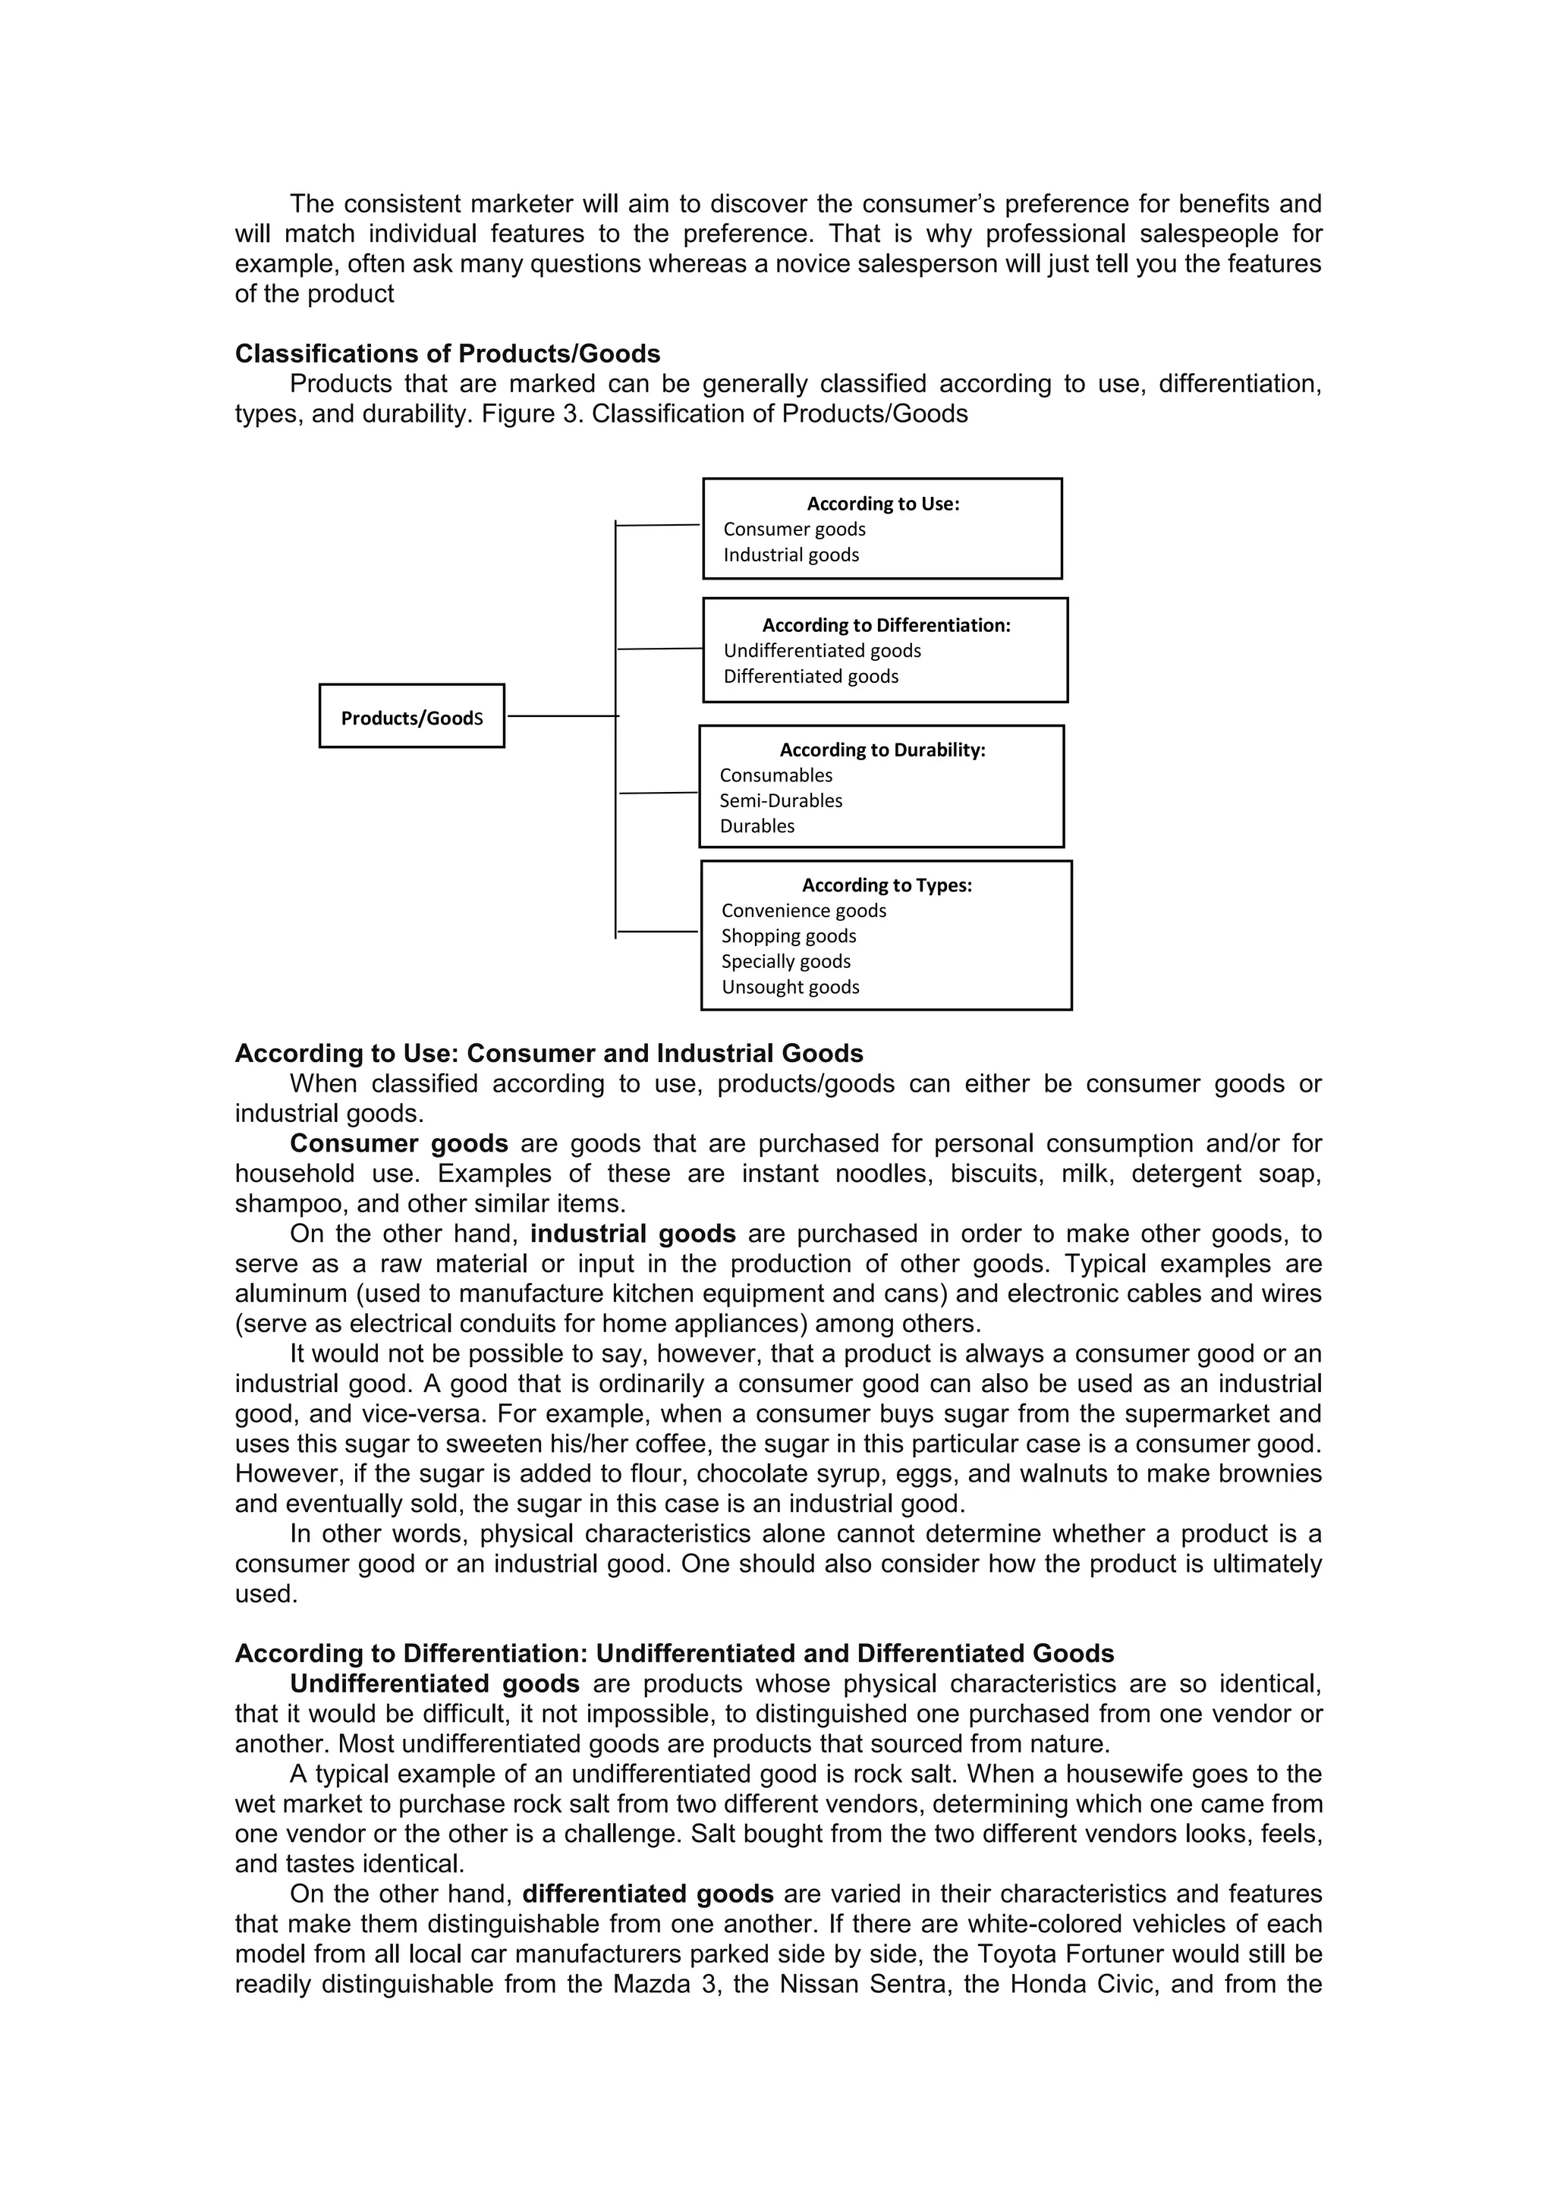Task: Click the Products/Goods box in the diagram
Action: tap(411, 717)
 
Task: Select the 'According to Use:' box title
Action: tap(882, 503)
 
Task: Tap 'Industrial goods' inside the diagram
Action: tap(791, 555)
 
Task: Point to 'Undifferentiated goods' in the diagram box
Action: tap(822, 651)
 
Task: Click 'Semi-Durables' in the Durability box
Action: tap(781, 800)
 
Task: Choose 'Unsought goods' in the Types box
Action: tap(791, 986)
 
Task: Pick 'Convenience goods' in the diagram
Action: tap(804, 910)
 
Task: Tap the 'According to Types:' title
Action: tap(886, 885)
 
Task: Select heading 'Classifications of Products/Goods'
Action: tap(448, 354)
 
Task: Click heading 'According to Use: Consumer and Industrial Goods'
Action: tap(549, 1054)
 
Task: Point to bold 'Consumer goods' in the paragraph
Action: tap(399, 1143)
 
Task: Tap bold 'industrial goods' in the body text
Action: tap(633, 1234)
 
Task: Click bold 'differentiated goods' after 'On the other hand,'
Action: tap(648, 1894)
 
